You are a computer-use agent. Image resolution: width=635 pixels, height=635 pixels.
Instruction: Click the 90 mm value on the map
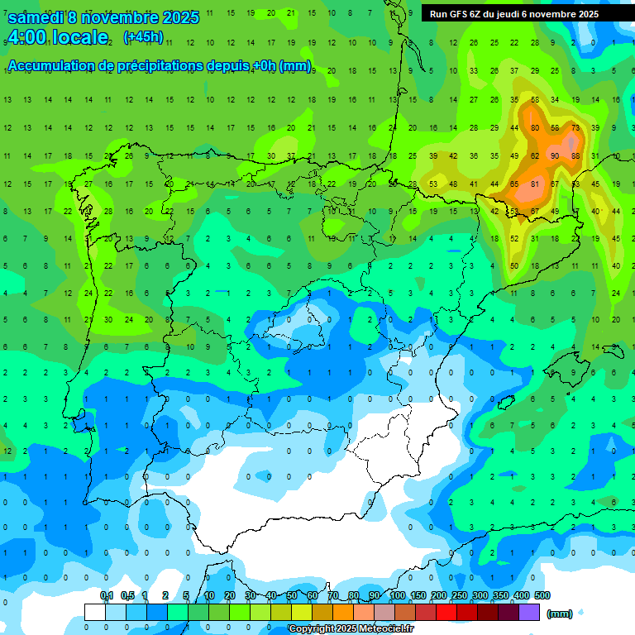point(555,155)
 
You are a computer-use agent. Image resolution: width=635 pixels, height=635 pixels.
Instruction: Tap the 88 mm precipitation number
point(575,155)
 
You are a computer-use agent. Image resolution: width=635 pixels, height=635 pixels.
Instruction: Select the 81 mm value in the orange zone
point(535,184)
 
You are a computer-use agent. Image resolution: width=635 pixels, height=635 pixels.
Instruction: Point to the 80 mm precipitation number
point(535,128)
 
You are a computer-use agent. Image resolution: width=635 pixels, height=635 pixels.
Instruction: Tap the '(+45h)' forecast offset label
point(143,37)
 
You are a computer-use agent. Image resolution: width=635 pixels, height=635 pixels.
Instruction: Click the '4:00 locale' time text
point(58,37)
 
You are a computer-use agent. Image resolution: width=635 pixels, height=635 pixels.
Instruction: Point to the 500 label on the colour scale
point(542,595)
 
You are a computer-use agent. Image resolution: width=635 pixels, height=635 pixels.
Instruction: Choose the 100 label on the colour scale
point(398,595)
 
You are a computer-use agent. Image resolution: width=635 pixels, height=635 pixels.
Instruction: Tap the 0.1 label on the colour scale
point(107,595)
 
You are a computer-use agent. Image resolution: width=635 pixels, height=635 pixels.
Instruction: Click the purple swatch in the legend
point(529,612)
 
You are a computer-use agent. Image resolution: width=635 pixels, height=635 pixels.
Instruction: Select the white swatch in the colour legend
point(94,612)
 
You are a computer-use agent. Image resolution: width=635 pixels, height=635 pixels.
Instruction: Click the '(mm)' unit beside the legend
point(560,614)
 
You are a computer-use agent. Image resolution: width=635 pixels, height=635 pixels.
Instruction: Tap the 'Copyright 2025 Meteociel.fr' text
point(351,629)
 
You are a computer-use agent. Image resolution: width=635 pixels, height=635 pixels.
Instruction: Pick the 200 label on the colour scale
point(438,595)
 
